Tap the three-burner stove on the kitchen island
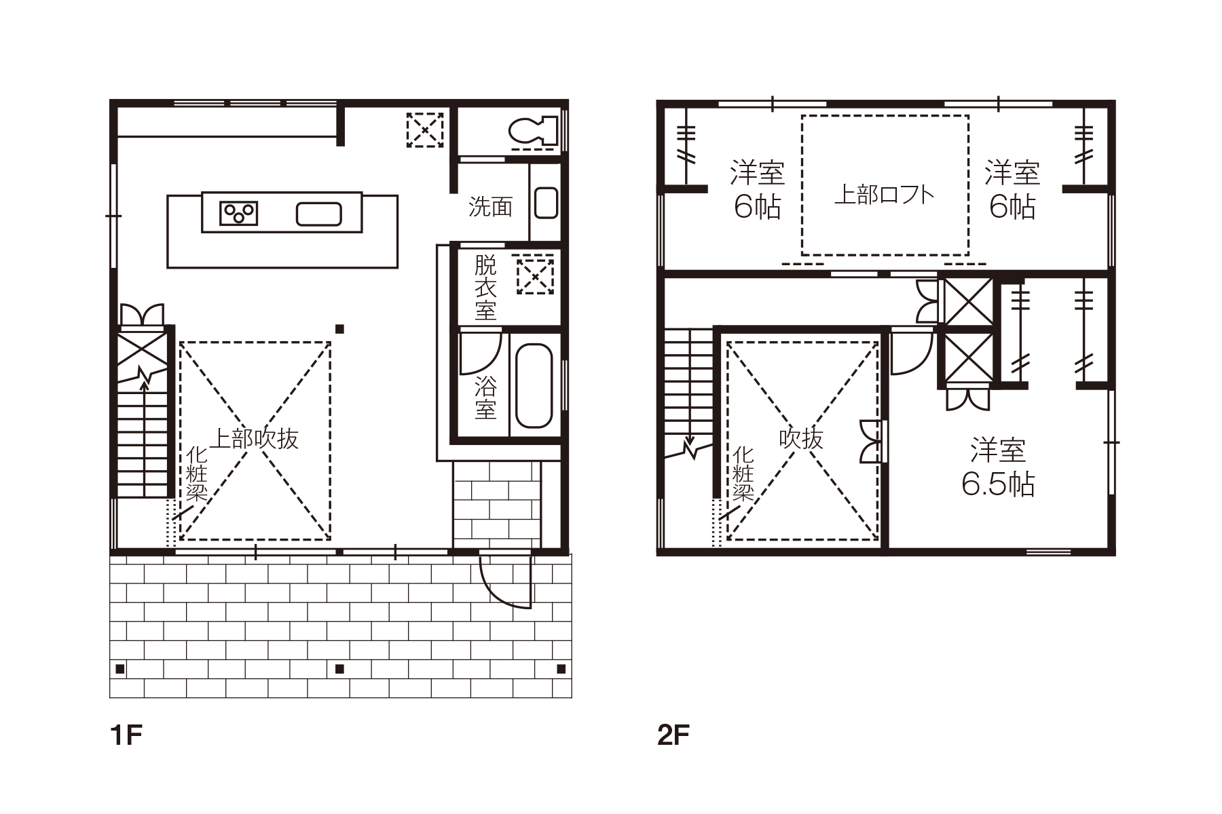pos(239,213)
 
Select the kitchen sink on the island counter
pos(318,214)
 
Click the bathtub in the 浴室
pos(534,385)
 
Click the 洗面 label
pos(490,207)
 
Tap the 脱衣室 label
pos(485,288)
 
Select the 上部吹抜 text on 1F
pos(253,439)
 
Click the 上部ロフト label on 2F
pos(884,195)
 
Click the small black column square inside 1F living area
pos(340,329)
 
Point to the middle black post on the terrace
pos(340,669)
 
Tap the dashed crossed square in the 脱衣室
pos(535,275)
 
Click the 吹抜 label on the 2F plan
pos(801,439)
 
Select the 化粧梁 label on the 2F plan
pos(743,473)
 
